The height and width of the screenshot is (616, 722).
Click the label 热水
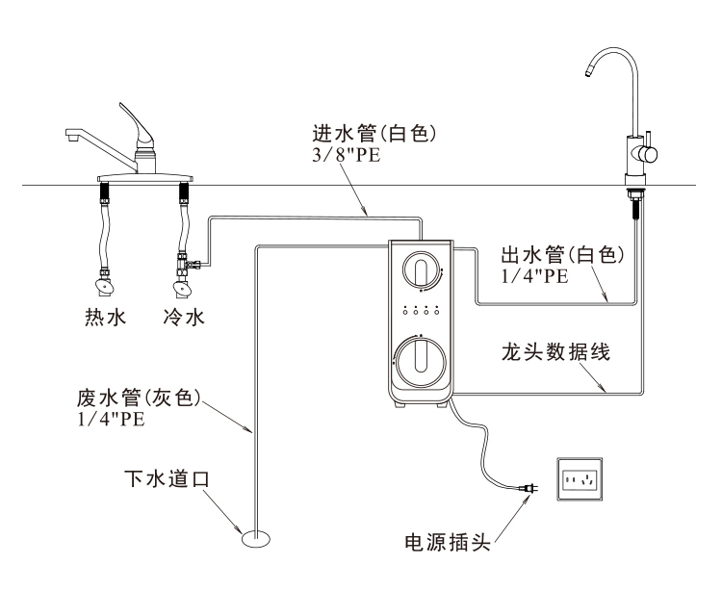point(105,317)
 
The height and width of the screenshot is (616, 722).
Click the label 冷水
point(183,317)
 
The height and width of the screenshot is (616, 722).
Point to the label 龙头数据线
point(558,350)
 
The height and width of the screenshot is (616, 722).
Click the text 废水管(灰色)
point(139,398)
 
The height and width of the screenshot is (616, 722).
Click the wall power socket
point(580,478)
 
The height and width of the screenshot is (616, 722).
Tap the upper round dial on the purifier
point(421,269)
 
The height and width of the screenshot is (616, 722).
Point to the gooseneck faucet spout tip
point(588,71)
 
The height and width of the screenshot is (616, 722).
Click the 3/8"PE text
point(346,155)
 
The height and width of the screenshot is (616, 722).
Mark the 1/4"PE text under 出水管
point(534,276)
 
